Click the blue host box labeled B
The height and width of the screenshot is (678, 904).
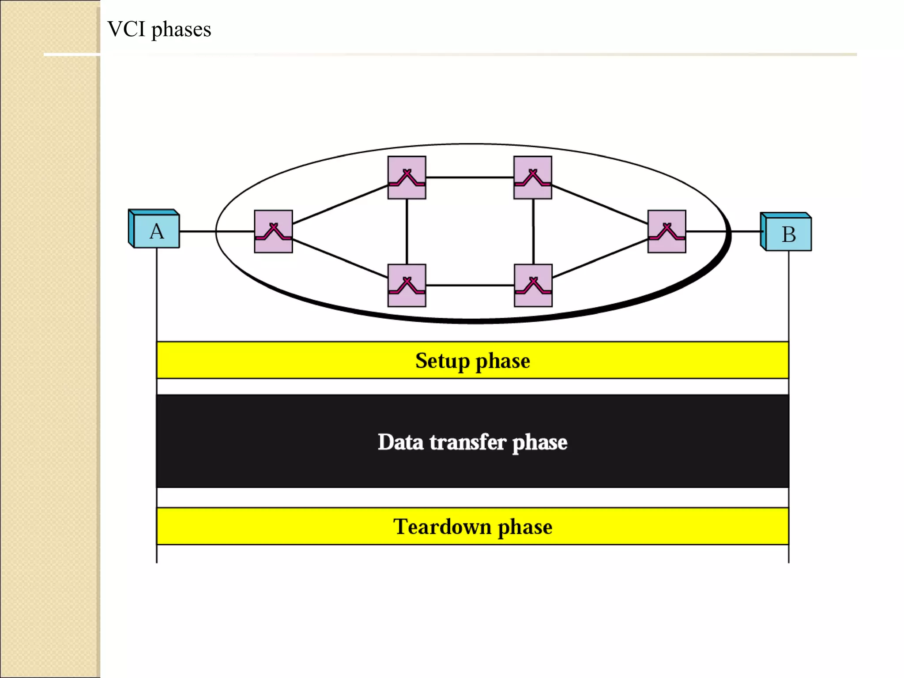[x=787, y=233]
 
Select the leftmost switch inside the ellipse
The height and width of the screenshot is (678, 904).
[x=273, y=231]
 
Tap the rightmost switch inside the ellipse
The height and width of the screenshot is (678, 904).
[x=667, y=231]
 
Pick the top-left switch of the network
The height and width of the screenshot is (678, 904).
[x=407, y=177]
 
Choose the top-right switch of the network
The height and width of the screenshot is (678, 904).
[x=533, y=177]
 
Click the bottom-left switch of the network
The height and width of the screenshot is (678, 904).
[x=407, y=285]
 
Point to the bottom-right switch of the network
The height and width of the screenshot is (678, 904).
[x=533, y=285]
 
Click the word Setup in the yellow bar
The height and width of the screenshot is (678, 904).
[x=442, y=361]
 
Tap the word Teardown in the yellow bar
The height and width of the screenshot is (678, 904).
[x=442, y=527]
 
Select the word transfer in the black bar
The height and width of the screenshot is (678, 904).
[x=467, y=442]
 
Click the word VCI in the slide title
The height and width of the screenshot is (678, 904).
[x=126, y=29]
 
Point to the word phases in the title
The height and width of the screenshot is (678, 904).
[x=181, y=30]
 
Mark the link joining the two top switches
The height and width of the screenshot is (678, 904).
[x=470, y=177]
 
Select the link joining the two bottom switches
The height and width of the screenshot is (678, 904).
[x=470, y=286]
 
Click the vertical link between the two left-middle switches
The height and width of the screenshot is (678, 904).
[x=407, y=231]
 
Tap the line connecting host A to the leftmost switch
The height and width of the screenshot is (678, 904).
[x=216, y=231]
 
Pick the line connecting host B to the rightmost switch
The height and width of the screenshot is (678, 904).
[x=724, y=231]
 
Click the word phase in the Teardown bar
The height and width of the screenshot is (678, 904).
[x=525, y=527]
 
